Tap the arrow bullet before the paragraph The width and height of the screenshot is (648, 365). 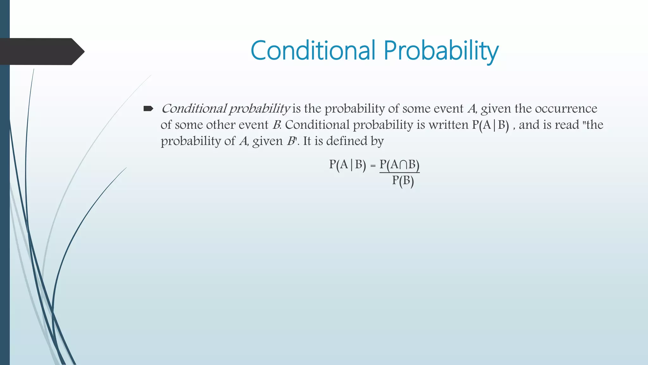[148, 109]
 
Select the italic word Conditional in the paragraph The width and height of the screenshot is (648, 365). [194, 109]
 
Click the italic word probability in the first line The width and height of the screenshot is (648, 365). [259, 109]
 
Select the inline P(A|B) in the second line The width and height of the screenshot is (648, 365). [490, 125]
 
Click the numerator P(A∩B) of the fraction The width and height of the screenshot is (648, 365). [399, 165]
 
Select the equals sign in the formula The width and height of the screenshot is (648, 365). [373, 166]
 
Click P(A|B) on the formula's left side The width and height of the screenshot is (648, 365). [347, 165]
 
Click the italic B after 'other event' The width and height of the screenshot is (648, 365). [276, 125]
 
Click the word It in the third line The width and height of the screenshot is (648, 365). [307, 141]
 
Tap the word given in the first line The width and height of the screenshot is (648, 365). [495, 109]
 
